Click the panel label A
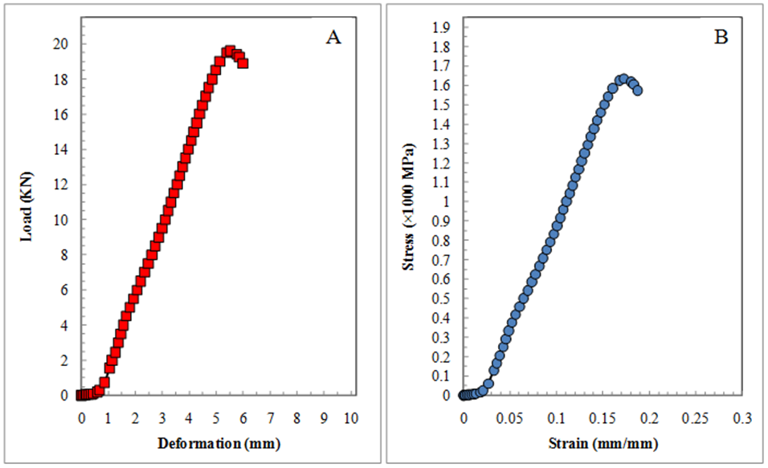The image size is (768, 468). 334,37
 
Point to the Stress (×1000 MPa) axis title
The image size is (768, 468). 411,207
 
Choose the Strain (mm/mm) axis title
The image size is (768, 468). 605,442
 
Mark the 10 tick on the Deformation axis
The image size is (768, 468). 350,419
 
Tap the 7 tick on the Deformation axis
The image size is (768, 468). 271,419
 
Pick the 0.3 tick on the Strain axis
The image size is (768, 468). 742,419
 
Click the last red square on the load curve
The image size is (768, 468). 243,63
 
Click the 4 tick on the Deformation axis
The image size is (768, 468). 190,419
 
